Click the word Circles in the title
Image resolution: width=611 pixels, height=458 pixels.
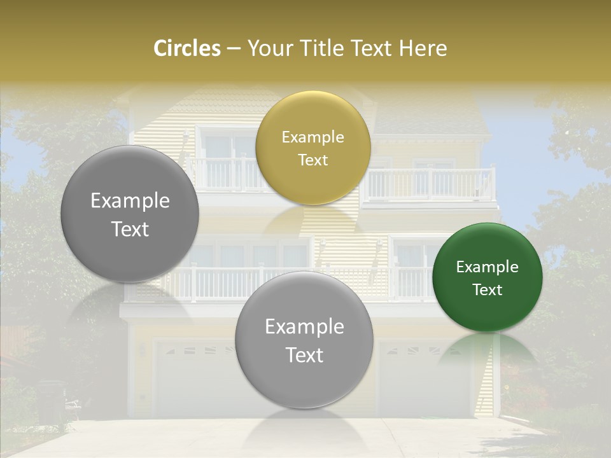(186, 48)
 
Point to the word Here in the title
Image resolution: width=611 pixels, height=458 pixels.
(423, 48)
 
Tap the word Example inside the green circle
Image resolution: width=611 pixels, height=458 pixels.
(488, 267)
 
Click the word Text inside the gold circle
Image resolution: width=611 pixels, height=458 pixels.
(313, 160)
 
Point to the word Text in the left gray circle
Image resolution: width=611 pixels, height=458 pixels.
(130, 229)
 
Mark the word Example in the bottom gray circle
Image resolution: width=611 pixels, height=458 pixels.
(304, 327)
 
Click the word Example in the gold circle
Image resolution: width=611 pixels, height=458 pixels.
(313, 137)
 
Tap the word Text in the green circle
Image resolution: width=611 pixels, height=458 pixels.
(488, 289)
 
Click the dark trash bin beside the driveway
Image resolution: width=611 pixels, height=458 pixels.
(51, 401)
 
